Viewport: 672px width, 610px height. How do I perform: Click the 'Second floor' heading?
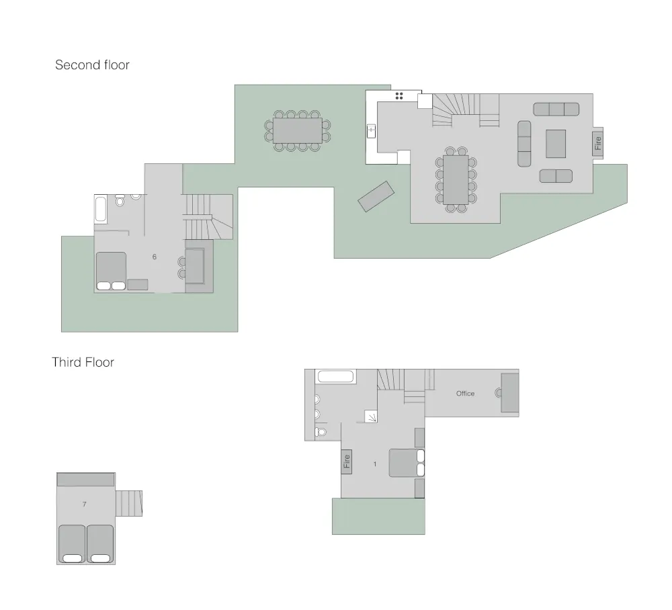click(92, 64)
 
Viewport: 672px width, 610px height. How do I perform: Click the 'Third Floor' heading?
click(83, 362)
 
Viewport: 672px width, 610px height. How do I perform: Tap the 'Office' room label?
click(465, 393)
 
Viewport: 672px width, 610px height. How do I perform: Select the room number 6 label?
click(155, 257)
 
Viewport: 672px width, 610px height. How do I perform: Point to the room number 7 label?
click(85, 505)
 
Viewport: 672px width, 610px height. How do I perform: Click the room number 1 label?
click(375, 464)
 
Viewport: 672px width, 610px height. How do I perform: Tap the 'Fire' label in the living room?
click(598, 143)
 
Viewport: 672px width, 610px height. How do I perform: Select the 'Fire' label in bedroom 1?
click(347, 462)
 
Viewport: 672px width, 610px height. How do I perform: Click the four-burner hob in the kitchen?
click(399, 96)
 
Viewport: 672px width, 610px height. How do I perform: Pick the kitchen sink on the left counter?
click(371, 131)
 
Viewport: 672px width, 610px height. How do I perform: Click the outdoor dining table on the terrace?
click(298, 130)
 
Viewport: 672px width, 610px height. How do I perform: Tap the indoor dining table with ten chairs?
click(456, 180)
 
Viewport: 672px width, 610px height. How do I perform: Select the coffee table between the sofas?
click(556, 144)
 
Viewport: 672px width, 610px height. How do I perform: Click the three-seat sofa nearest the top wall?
click(556, 110)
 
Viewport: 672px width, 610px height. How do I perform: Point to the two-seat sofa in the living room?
click(556, 176)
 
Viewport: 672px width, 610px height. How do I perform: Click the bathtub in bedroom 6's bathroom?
click(101, 210)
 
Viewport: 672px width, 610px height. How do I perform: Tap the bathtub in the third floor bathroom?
click(335, 376)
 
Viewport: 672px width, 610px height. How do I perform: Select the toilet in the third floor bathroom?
click(321, 432)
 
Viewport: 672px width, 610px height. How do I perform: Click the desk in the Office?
click(510, 393)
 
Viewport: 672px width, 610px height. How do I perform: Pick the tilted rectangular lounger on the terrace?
click(376, 197)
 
